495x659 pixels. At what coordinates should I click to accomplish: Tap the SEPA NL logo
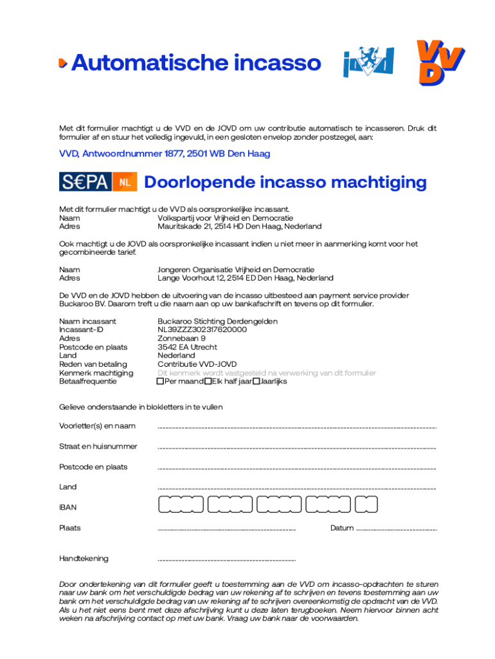click(x=98, y=182)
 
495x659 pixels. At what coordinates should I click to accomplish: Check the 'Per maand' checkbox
click(x=161, y=382)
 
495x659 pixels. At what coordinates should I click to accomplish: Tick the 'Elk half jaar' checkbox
click(x=208, y=382)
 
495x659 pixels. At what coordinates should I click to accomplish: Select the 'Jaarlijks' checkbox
click(x=256, y=382)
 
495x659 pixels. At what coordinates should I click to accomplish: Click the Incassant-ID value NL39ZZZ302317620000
click(x=202, y=329)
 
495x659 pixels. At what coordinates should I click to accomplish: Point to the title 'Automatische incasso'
click(x=195, y=63)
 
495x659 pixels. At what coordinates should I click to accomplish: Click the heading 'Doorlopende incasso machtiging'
click(x=285, y=182)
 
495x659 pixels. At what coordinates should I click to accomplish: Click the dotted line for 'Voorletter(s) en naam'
click(x=296, y=427)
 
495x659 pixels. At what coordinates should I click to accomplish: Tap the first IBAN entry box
click(x=180, y=505)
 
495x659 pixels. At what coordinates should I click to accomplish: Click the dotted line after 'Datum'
click(x=396, y=530)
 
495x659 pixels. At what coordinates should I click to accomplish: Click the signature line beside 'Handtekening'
click(x=226, y=561)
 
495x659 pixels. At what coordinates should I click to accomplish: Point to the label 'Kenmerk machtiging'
click(x=96, y=373)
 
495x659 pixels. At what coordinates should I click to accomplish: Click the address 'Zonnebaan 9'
click(x=181, y=338)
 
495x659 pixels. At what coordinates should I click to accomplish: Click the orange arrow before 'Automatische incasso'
click(x=62, y=63)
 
